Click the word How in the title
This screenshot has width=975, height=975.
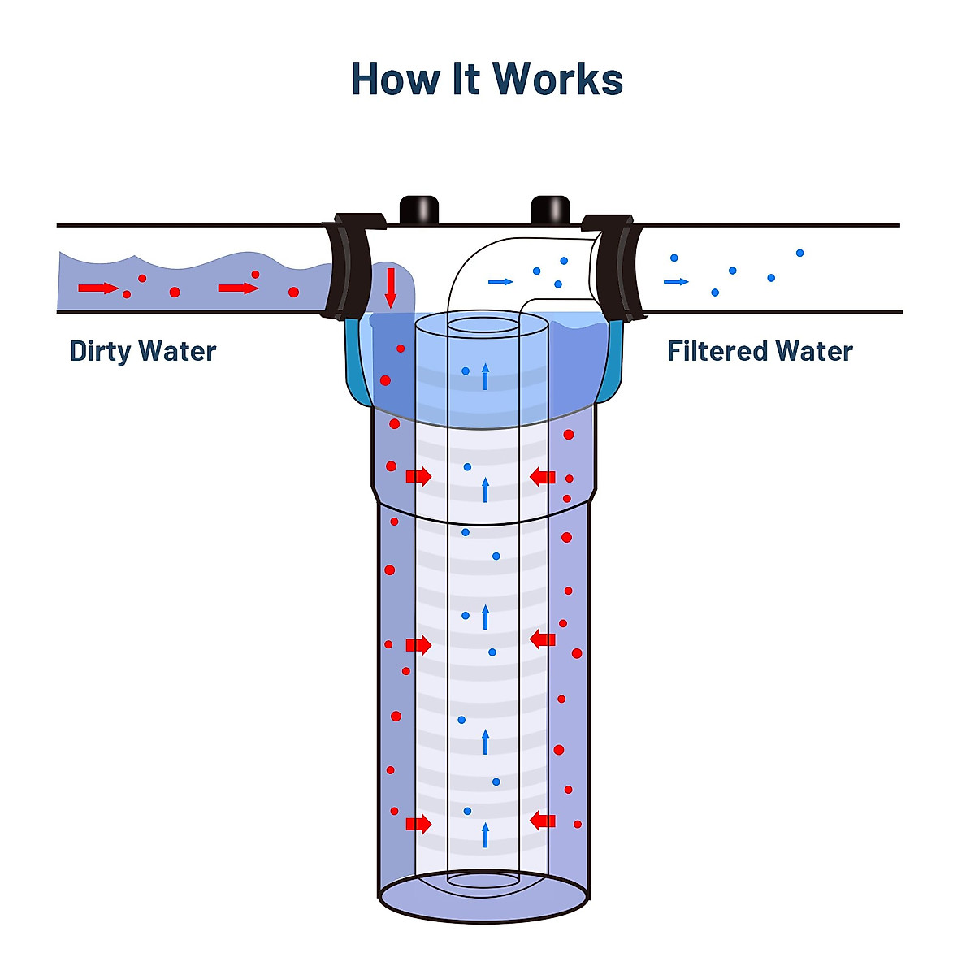click(x=395, y=80)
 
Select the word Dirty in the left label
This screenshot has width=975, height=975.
click(x=100, y=352)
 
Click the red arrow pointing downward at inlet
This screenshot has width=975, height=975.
click(x=391, y=288)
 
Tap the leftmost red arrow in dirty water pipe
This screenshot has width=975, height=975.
click(x=97, y=288)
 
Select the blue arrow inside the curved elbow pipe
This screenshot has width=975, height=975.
click(x=500, y=282)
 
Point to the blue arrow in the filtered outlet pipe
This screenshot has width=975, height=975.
click(x=676, y=282)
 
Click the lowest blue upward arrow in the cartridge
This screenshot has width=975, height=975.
click(x=486, y=834)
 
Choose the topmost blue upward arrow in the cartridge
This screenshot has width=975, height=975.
click(x=486, y=376)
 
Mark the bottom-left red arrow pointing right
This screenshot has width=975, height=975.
click(x=418, y=824)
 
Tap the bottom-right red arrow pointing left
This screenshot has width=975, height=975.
click(x=543, y=821)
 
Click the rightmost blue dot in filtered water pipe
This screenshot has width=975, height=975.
click(x=799, y=253)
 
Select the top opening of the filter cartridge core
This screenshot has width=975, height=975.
click(x=483, y=326)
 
